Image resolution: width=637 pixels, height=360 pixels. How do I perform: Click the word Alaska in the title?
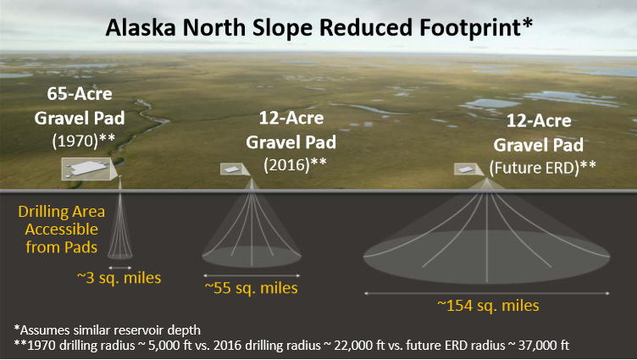coord(141,28)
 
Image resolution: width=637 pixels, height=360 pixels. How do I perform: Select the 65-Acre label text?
coord(80,94)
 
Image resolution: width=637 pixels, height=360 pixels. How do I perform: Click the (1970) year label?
coord(76,141)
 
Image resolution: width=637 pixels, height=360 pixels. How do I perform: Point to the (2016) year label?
coord(287,164)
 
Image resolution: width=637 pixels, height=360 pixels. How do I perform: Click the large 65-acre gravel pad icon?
coord(86,169)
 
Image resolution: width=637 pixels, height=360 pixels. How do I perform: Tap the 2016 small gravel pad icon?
coord(232,169)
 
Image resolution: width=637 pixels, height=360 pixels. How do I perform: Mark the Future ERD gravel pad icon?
coord(466,169)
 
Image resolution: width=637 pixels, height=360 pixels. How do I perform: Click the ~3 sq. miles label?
coord(119,278)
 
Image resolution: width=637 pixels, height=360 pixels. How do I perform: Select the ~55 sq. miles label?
coord(251,288)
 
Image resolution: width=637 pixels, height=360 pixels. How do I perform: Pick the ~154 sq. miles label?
coord(488,306)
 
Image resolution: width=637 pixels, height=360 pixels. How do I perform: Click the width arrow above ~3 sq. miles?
coord(119,268)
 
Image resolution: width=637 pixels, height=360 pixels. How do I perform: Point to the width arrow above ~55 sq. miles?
coord(252,275)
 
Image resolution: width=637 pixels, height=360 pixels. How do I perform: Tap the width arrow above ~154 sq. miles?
coord(487,293)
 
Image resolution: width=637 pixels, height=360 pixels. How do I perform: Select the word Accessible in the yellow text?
coord(61,230)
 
